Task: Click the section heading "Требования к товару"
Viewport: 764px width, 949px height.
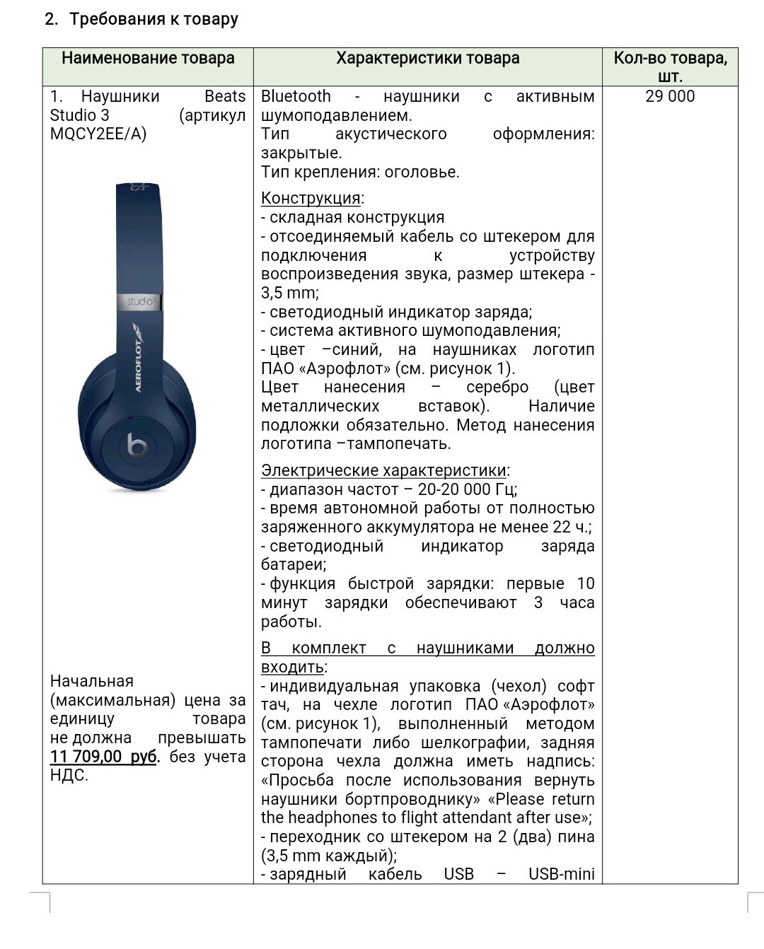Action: click(x=154, y=19)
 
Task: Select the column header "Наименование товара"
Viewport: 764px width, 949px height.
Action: click(x=148, y=59)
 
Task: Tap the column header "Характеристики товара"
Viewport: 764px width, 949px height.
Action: click(x=427, y=59)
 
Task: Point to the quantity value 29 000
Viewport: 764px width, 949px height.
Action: click(x=670, y=97)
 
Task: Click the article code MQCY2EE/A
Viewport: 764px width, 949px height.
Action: click(x=98, y=134)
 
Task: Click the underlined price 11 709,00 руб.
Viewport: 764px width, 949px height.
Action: click(x=104, y=757)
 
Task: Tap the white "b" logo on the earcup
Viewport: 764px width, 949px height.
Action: click(x=137, y=446)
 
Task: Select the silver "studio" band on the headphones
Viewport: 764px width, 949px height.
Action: click(x=140, y=302)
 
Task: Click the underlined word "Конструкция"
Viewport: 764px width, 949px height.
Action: click(x=311, y=199)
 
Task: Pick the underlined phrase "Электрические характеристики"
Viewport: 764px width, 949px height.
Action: click(x=384, y=471)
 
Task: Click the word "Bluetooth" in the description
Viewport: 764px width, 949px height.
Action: click(x=296, y=97)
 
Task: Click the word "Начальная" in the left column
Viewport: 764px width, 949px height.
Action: click(x=92, y=682)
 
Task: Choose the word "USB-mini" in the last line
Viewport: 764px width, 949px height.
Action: click(x=561, y=875)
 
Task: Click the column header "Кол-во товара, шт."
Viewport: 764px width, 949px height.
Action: click(x=670, y=66)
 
